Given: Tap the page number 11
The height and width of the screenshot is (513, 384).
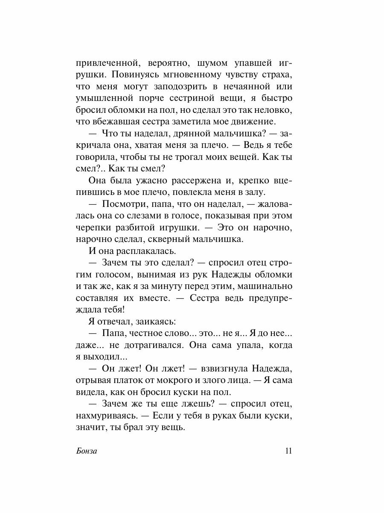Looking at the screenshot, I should (288, 451).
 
